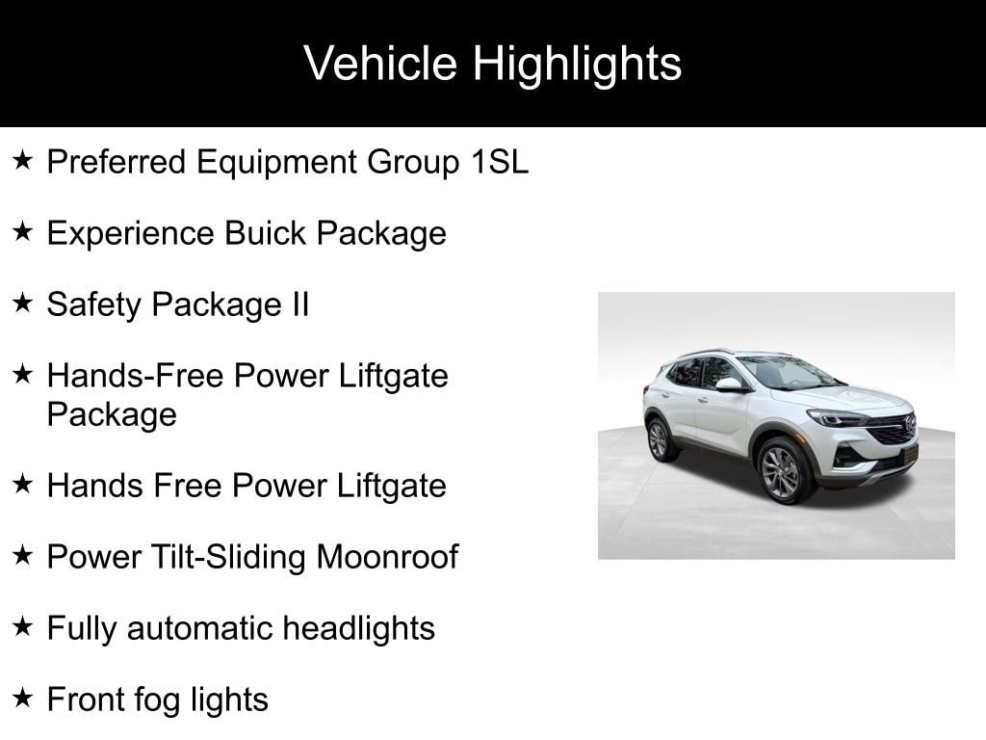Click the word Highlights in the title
[x=577, y=64]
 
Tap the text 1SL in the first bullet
[x=499, y=162]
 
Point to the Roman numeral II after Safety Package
[x=299, y=304]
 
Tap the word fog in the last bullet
[x=169, y=700]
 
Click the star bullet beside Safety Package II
[x=23, y=304]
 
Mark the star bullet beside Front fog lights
[x=23, y=698]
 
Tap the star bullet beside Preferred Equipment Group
[x=23, y=161]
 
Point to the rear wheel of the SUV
[x=659, y=439]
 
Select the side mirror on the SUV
[x=729, y=383]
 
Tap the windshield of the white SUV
[x=785, y=371]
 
